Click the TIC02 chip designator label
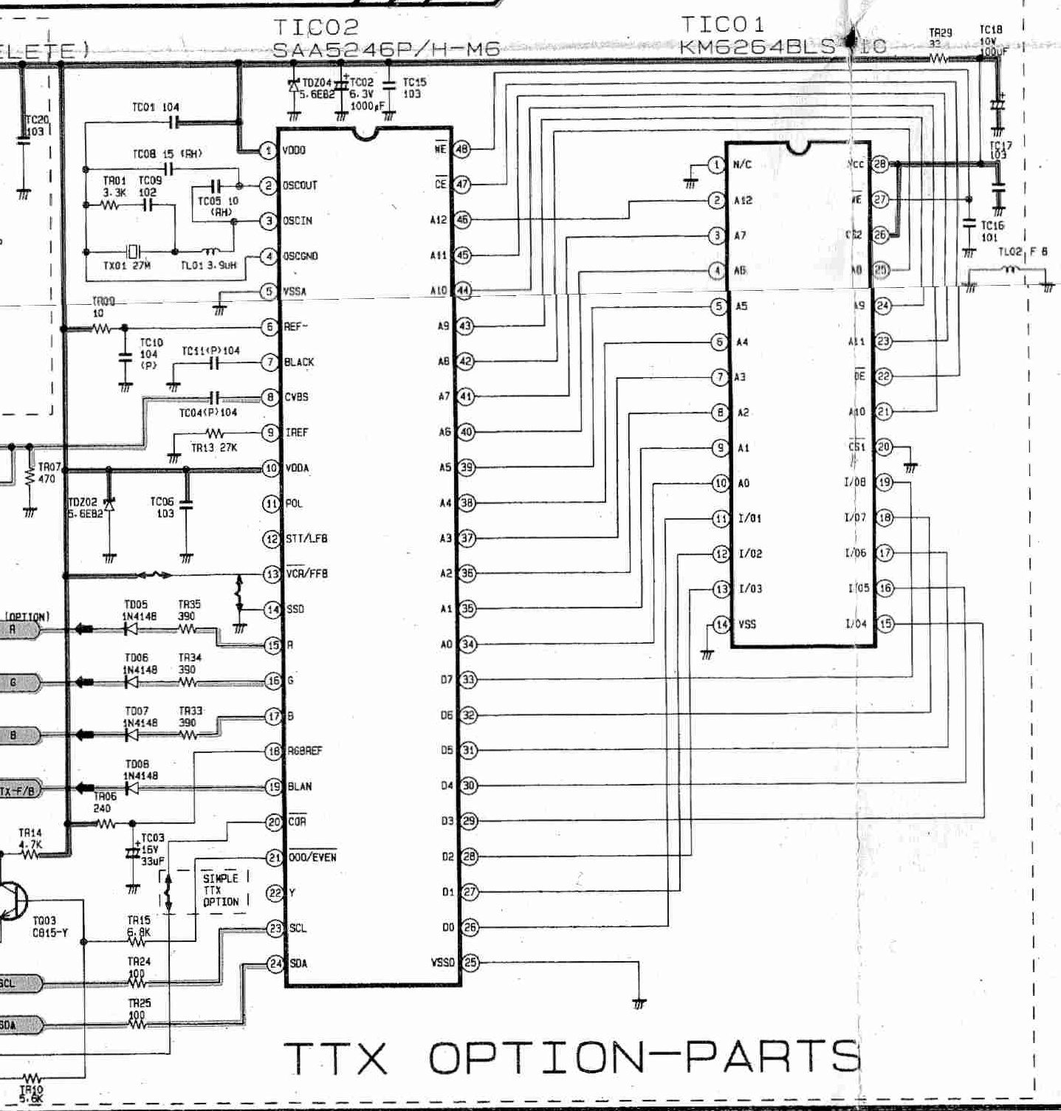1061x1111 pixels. tap(315, 27)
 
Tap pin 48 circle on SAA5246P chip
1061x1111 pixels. tap(462, 149)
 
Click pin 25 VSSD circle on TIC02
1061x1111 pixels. tap(470, 962)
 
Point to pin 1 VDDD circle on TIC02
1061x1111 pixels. tap(269, 151)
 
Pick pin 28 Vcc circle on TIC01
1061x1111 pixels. tap(879, 164)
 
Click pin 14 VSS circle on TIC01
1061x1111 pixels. tap(721, 625)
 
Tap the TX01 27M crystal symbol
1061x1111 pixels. tap(133, 251)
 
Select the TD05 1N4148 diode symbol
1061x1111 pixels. tap(131, 630)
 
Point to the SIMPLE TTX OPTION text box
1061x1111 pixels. tap(221, 890)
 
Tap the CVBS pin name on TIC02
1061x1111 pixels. tap(297, 397)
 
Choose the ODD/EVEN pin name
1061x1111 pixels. tap(312, 857)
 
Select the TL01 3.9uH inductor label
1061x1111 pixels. tap(208, 265)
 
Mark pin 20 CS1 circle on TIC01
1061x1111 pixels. tap(883, 447)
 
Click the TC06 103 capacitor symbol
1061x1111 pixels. tap(186, 506)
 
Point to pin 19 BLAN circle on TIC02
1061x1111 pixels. tap(274, 786)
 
